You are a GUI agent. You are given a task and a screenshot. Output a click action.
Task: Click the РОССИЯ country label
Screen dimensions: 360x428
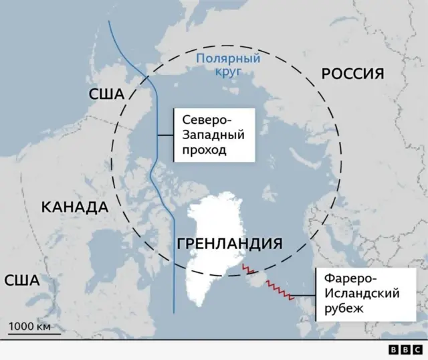click(x=353, y=74)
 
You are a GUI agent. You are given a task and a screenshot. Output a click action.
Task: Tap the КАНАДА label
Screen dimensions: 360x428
click(x=75, y=206)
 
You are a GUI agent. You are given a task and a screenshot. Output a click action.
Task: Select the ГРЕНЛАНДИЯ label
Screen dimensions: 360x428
click(x=229, y=244)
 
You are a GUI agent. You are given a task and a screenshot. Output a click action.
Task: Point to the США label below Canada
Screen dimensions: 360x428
click(x=22, y=280)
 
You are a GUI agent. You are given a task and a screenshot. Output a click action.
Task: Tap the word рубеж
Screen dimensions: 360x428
click(x=343, y=308)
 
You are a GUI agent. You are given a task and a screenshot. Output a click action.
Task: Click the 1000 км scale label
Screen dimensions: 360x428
click(x=29, y=327)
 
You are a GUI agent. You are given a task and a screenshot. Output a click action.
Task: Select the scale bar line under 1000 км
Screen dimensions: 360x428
click(x=31, y=334)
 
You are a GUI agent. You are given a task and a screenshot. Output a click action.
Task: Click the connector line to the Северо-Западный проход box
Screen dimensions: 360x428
click(x=166, y=136)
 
